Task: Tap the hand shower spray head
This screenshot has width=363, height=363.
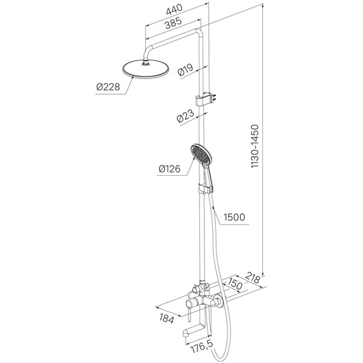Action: pyautogui.click(x=199, y=155)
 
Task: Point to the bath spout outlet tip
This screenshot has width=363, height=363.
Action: pyautogui.click(x=187, y=329)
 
